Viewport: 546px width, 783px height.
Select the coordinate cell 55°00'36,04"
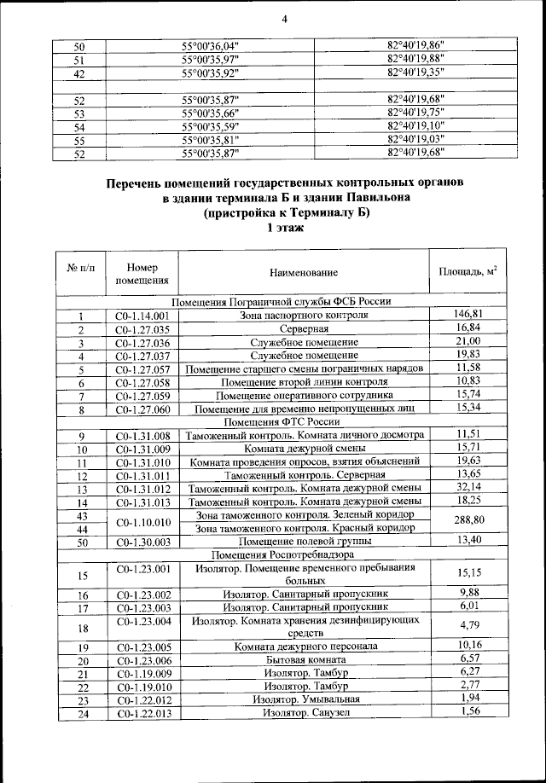pos(212,46)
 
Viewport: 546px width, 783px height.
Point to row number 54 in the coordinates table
pos(79,127)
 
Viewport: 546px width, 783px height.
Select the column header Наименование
pos(304,273)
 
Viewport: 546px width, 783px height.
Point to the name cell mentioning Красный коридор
pos(305,528)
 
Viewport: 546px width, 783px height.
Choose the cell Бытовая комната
pos(305,660)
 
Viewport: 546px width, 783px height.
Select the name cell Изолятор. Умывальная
pos(305,699)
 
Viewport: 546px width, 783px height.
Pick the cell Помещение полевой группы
pos(305,542)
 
